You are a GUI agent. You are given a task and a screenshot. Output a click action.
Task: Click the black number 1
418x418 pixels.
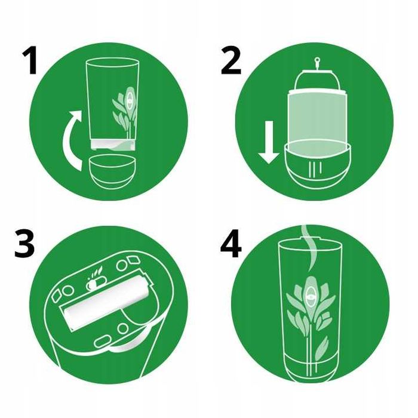tap(30, 61)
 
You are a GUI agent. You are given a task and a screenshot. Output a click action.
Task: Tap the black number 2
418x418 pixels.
tap(231, 61)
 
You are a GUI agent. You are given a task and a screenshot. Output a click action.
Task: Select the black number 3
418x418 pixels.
tap(24, 244)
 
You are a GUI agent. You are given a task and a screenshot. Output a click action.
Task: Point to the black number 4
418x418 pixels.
tap(231, 245)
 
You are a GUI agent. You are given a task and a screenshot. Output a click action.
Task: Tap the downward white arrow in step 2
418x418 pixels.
tap(269, 142)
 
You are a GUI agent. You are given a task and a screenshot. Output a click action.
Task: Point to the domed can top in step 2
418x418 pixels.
tap(317, 79)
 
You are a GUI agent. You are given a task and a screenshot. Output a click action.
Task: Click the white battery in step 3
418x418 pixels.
tap(107, 303)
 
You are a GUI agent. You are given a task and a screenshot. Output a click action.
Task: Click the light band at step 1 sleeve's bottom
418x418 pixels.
tap(112, 145)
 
